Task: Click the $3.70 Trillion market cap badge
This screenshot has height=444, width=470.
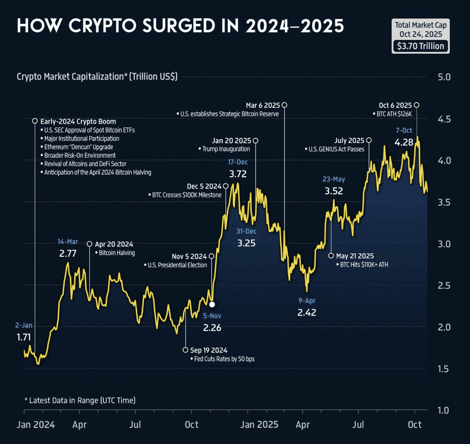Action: (421, 46)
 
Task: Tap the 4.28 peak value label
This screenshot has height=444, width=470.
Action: (404, 143)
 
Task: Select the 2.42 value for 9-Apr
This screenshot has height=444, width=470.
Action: (307, 313)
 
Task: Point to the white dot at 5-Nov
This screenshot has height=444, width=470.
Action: (212, 304)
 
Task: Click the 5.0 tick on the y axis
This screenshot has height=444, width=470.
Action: (444, 77)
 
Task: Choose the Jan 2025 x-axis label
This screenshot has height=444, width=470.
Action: (259, 425)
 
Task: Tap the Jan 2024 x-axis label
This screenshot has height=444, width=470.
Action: (36, 425)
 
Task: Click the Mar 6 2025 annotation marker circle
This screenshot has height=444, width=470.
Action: (284, 105)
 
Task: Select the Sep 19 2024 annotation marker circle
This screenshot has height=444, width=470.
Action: (185, 350)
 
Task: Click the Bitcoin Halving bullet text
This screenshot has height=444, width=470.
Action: (117, 253)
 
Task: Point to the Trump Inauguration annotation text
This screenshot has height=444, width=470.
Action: (226, 149)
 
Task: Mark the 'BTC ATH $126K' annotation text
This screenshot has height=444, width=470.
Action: (394, 114)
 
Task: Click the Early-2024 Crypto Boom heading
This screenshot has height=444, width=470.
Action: (78, 121)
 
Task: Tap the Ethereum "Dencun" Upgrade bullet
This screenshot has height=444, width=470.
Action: (79, 147)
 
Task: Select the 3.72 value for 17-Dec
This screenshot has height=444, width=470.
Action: (238, 174)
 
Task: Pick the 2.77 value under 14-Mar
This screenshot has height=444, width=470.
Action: (68, 254)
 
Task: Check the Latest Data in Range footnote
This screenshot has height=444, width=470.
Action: (82, 401)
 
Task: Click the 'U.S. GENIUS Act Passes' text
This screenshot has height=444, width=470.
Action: (336, 149)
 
